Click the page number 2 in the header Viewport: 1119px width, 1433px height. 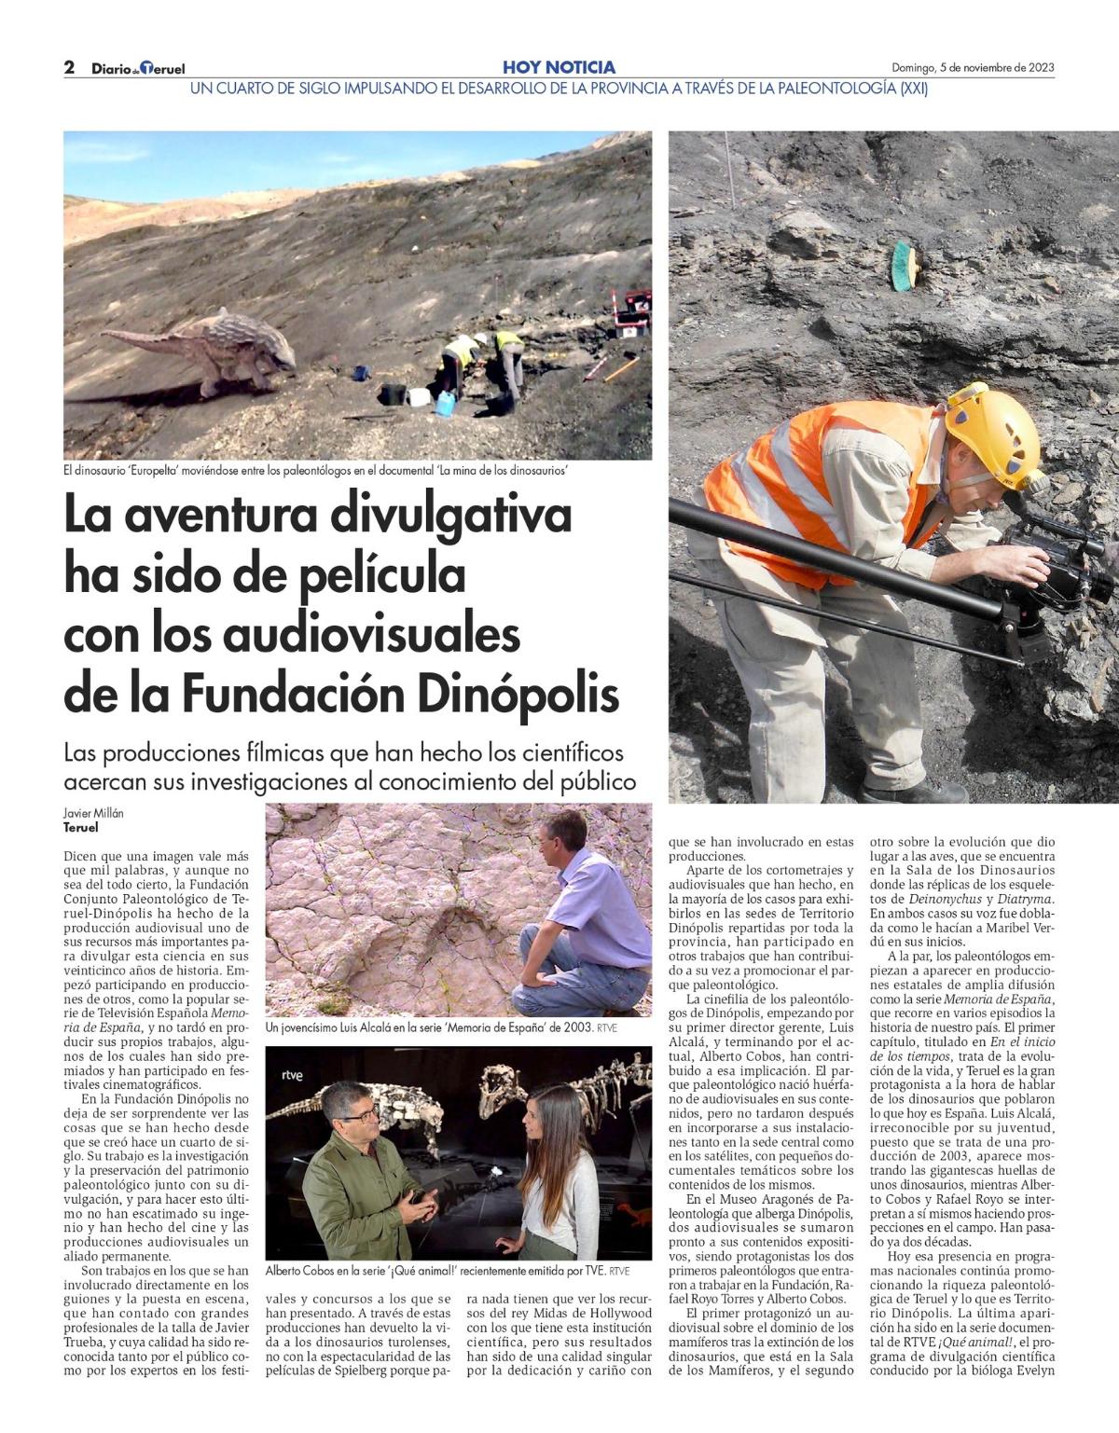tap(69, 67)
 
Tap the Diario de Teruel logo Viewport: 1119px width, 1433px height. tap(138, 68)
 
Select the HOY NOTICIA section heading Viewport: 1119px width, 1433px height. tap(559, 67)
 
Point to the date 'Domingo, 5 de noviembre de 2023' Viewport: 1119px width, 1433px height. tap(973, 67)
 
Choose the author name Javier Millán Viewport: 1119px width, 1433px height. tap(93, 813)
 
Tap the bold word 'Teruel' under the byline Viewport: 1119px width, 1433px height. tap(80, 827)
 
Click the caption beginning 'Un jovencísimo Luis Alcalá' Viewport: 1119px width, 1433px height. tap(441, 1027)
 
